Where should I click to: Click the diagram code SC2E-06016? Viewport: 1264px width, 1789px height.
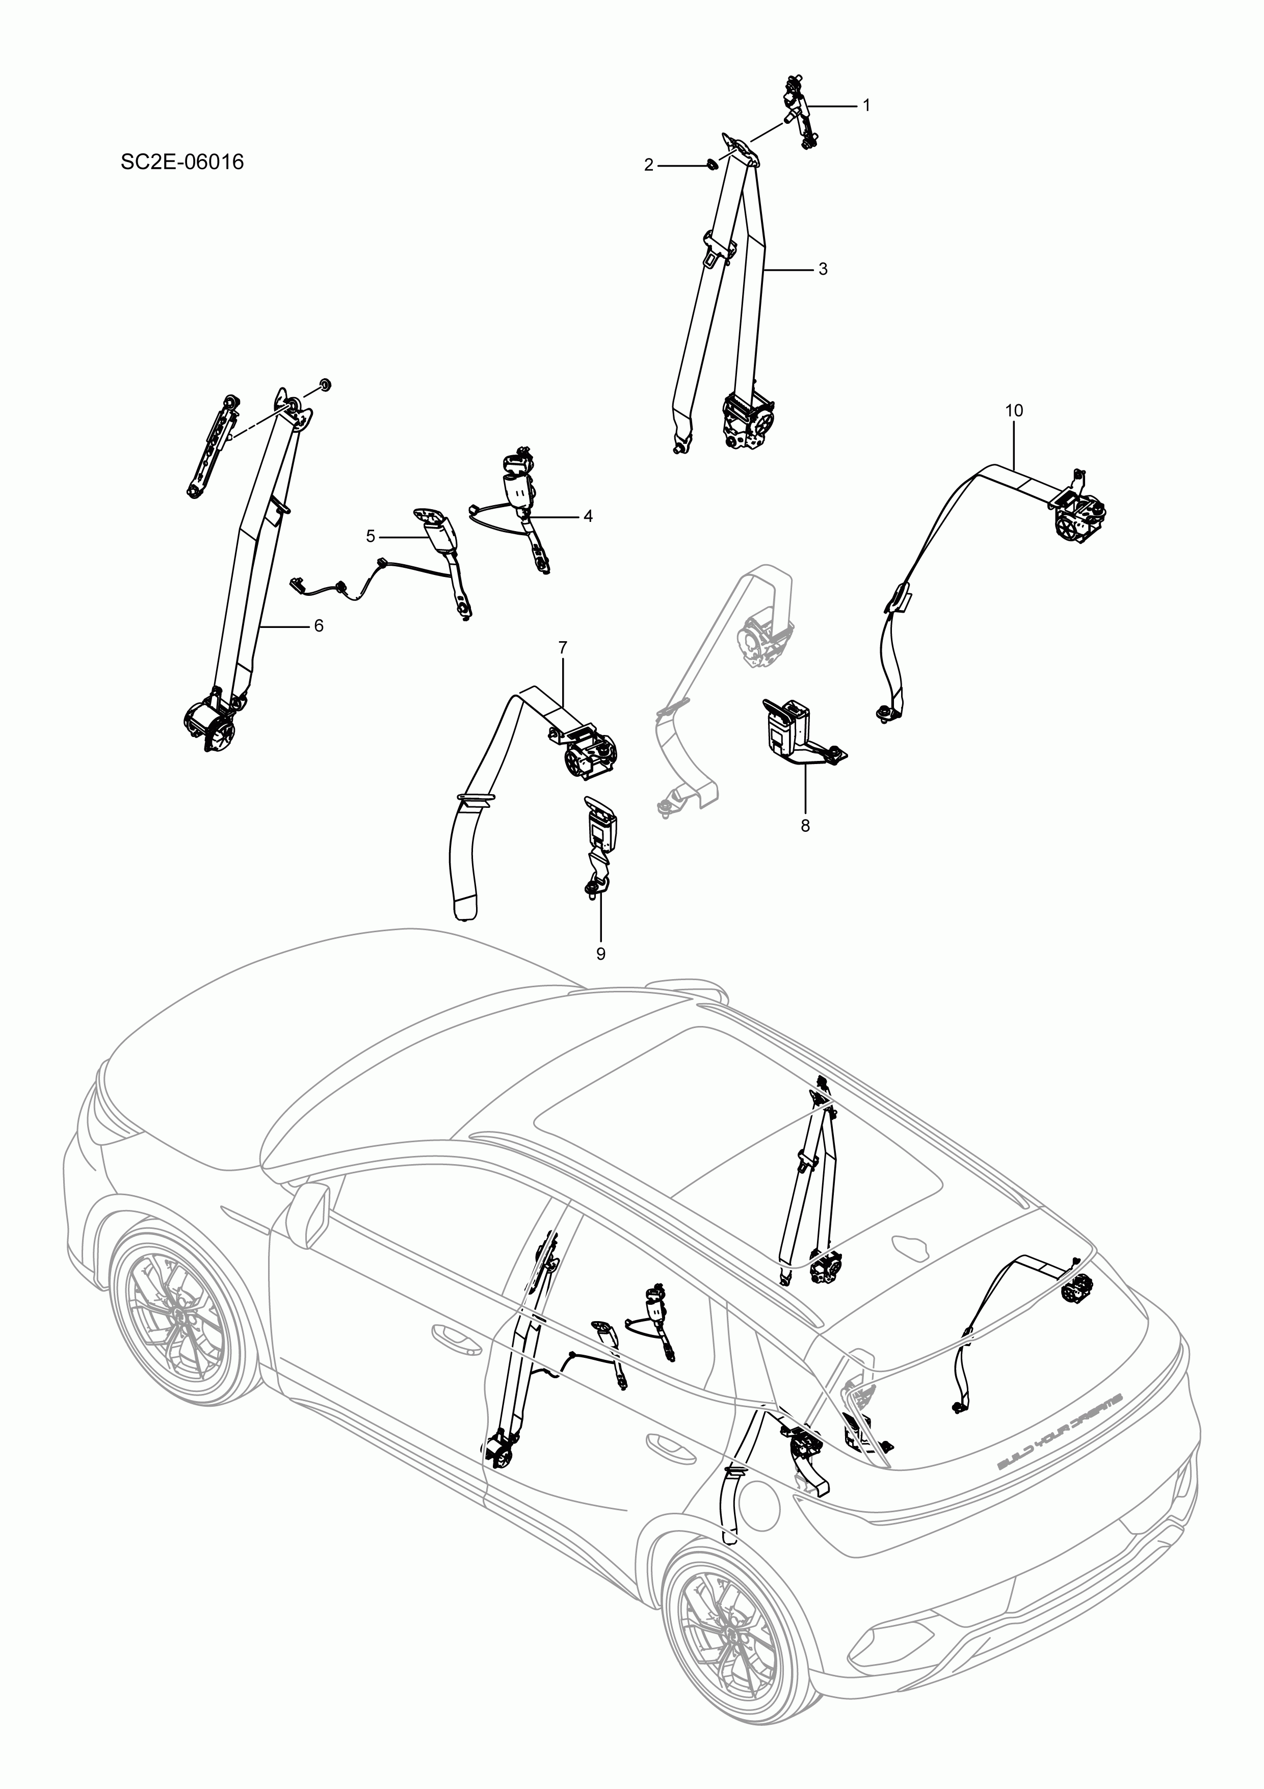click(x=182, y=162)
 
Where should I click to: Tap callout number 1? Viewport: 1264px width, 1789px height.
click(x=866, y=105)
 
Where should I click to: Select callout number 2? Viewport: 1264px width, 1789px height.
click(x=648, y=165)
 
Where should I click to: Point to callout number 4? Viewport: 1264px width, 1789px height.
click(x=588, y=516)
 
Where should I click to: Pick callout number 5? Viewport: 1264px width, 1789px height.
click(x=371, y=536)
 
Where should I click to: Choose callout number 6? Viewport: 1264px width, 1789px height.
click(x=318, y=626)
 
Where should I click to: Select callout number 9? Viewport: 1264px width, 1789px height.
click(x=601, y=954)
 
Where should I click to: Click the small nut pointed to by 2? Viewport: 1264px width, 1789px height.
click(x=709, y=165)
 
